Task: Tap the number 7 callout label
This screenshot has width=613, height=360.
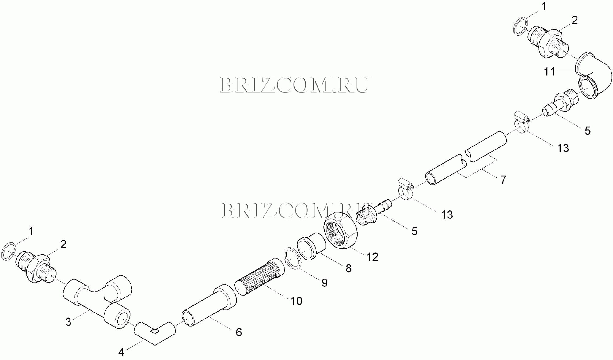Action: tap(503, 180)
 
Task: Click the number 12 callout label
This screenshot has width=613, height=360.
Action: tap(372, 257)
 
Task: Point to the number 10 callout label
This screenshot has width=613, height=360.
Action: tap(296, 301)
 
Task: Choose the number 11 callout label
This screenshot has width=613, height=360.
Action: tap(549, 71)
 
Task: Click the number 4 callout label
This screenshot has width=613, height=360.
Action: tap(121, 352)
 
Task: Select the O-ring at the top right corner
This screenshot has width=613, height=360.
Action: tap(520, 26)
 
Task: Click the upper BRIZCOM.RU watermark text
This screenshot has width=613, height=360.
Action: tap(294, 85)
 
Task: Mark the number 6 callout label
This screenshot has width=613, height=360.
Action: tap(239, 332)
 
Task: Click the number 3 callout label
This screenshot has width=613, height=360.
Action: tap(68, 322)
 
